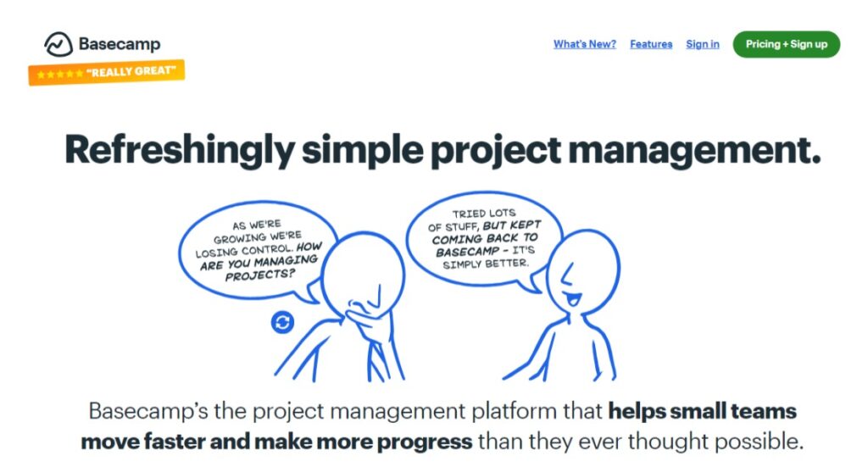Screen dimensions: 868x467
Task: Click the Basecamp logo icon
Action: point(58,44)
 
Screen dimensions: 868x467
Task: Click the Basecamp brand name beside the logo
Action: point(120,44)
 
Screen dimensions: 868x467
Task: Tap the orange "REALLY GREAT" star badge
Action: point(106,72)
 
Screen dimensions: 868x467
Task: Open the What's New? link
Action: point(585,44)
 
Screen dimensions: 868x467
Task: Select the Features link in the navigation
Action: point(651,44)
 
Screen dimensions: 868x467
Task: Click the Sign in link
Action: point(703,44)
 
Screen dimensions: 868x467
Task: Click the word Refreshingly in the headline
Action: point(180,150)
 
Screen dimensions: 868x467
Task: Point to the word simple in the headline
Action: point(363,150)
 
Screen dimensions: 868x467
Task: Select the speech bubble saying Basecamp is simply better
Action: point(484,238)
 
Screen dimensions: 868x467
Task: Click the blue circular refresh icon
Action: point(282,322)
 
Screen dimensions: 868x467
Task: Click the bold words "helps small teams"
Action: point(702,411)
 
